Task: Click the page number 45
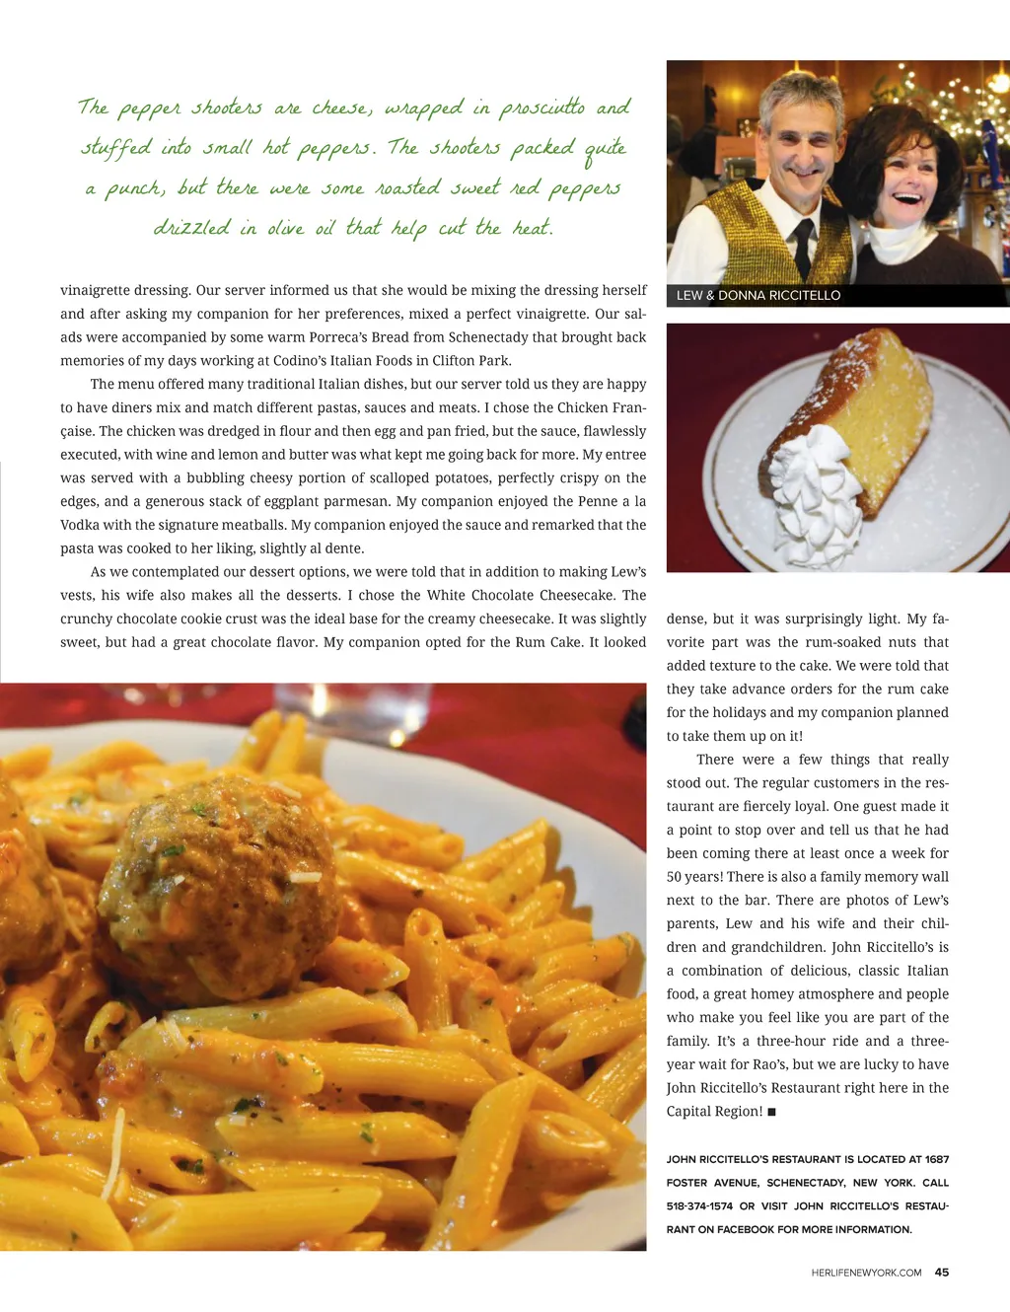(x=942, y=1273)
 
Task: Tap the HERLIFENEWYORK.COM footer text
(x=866, y=1274)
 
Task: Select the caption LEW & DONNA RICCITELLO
(x=758, y=295)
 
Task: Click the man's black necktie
(x=804, y=246)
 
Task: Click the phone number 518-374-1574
(x=699, y=1206)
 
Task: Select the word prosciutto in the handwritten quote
(x=541, y=108)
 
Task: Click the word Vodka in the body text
(x=80, y=525)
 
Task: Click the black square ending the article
(x=771, y=1112)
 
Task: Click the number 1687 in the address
(x=936, y=1159)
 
